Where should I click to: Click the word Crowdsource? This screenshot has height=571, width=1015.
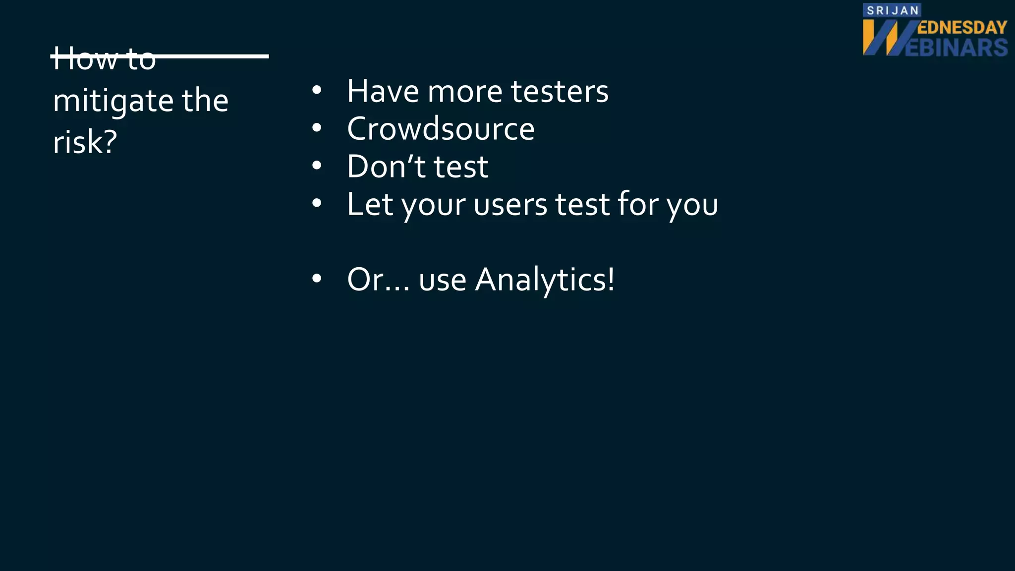click(441, 129)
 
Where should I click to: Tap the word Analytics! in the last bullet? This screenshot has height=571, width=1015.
click(545, 280)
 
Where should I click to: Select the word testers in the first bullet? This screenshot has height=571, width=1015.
click(560, 91)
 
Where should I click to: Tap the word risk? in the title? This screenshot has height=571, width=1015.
click(85, 142)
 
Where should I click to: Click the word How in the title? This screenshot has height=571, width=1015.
click(84, 58)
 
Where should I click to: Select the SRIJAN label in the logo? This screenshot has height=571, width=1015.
click(892, 10)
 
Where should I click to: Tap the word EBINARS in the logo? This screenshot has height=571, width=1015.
click(957, 48)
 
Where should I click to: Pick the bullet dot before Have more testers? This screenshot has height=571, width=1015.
click(317, 91)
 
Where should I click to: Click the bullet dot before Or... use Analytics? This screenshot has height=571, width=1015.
click(317, 279)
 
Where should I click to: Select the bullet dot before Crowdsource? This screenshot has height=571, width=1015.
click(317, 128)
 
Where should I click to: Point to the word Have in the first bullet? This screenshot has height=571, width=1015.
click(383, 91)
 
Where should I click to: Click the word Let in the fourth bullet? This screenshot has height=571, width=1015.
click(370, 204)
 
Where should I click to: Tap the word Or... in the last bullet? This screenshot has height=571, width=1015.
click(378, 280)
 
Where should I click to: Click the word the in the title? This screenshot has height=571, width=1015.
click(205, 101)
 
